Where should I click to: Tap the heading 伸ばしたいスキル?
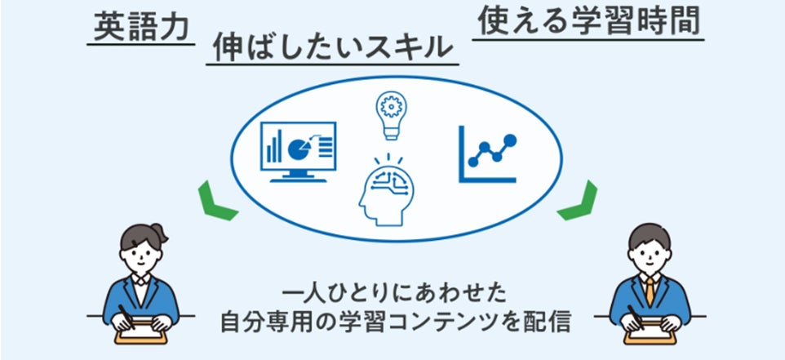coord(331,47)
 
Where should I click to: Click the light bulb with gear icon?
coord(390,112)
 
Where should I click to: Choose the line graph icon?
coord(488,155)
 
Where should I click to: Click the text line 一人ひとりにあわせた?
coord(394,292)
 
